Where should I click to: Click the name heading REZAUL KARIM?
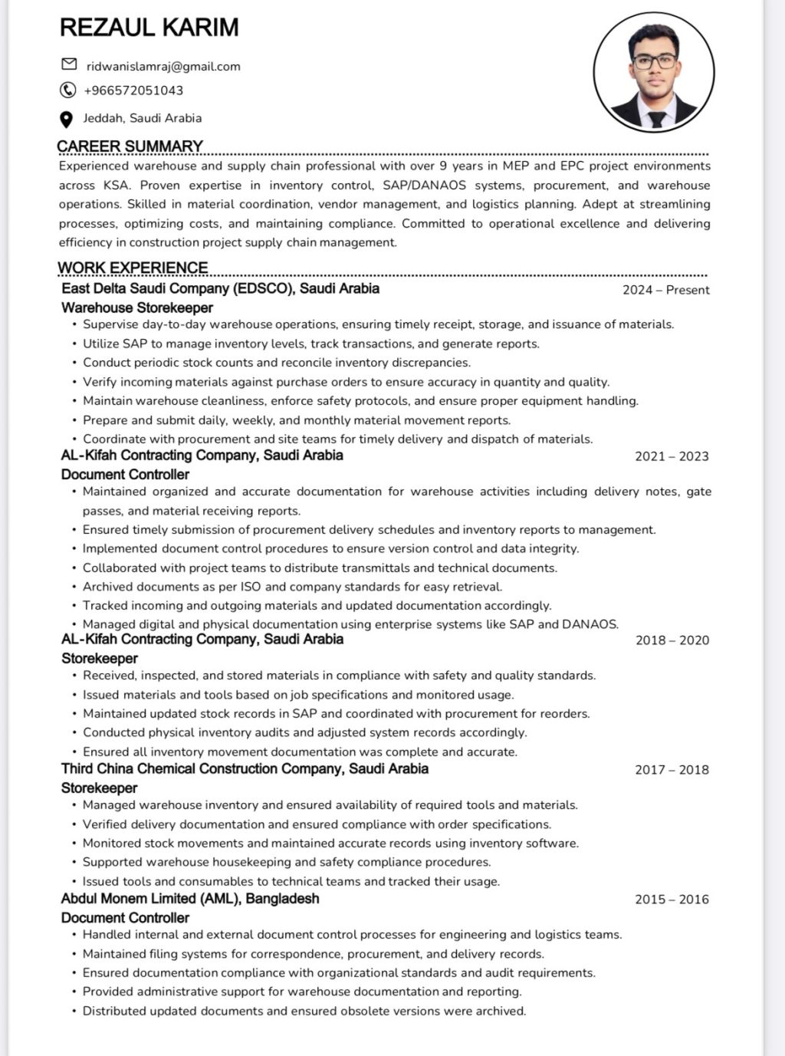pos(149,28)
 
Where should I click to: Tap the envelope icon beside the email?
pos(69,64)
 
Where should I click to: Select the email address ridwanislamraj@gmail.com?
pos(163,67)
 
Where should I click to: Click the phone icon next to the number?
pos(67,90)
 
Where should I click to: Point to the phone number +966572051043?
pos(133,90)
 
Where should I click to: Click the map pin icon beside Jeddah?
pos(67,119)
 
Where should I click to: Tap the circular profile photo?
pos(654,73)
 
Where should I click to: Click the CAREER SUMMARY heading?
pos(130,146)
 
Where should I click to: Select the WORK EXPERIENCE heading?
pos(133,268)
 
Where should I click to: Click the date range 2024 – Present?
pos(665,290)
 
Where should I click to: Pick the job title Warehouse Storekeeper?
pos(137,308)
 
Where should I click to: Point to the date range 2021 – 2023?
pos(672,456)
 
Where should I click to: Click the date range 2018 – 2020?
pos(672,640)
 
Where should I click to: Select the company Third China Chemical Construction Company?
pos(245,768)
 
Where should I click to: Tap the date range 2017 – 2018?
pos(672,770)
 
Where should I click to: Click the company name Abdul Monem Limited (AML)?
pos(190,898)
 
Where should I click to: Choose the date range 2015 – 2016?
pos(672,900)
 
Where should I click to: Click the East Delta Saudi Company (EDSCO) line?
pos(220,288)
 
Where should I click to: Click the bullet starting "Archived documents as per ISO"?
pos(292,587)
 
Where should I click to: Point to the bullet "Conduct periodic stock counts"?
pos(277,363)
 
